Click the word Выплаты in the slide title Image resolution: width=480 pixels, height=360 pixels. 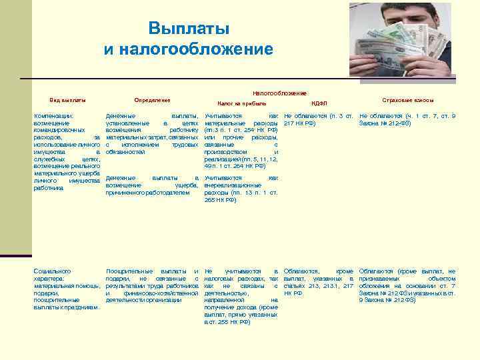click(189, 29)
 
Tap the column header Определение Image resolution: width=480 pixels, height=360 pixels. click(152, 100)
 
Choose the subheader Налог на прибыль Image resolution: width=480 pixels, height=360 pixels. click(242, 104)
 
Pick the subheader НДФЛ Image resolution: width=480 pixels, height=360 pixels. click(319, 104)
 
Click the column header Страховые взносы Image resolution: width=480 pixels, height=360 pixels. click(407, 100)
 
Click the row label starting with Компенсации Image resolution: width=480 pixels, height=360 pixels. click(67, 151)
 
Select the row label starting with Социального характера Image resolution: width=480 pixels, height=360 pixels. click(67, 289)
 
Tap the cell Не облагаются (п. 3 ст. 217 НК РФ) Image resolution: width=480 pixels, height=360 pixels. click(318, 120)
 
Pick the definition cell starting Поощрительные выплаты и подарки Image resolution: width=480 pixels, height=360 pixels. click(153, 285)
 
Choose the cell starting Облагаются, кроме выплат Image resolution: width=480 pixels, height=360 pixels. click(318, 282)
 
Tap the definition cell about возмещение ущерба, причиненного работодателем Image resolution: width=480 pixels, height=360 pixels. click(153, 185)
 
